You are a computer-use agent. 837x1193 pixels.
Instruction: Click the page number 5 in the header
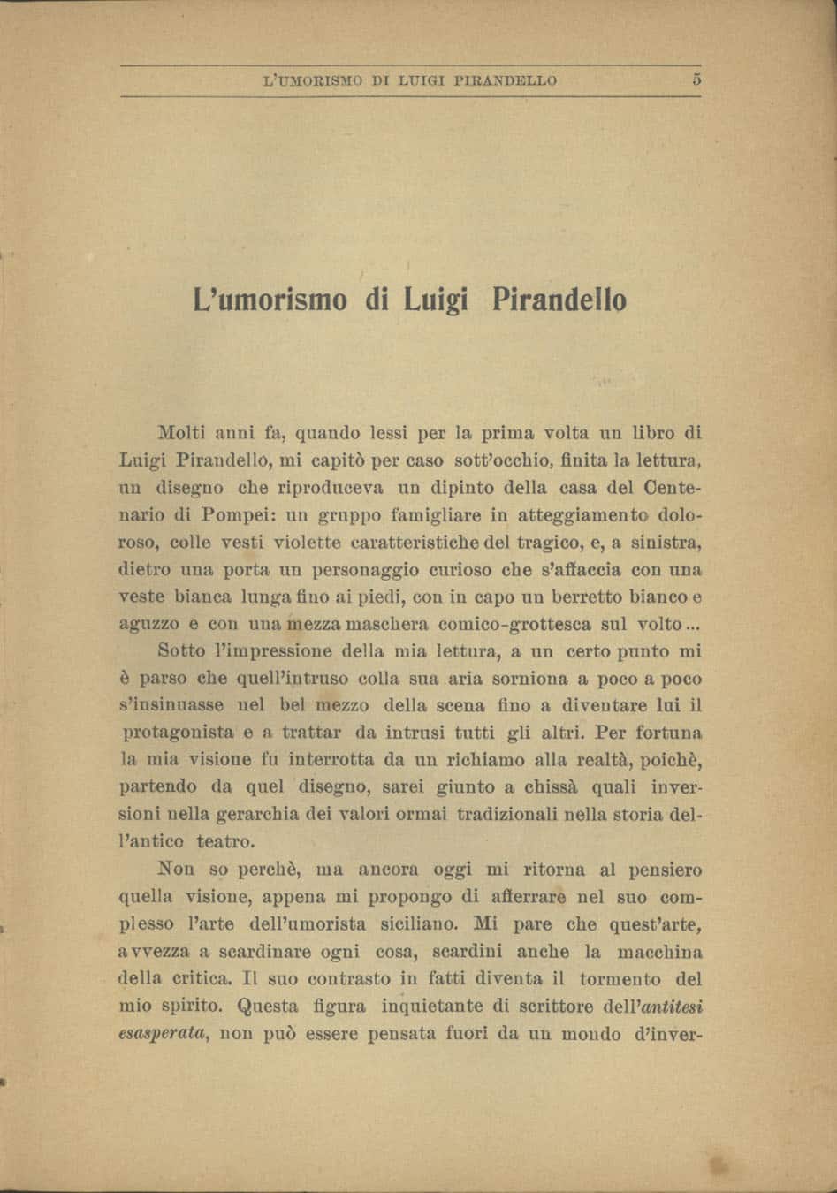point(696,80)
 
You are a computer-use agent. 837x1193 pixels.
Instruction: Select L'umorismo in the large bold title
point(270,300)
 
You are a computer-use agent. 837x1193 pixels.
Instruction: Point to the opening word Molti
point(182,433)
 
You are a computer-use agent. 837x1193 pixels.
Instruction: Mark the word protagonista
point(177,733)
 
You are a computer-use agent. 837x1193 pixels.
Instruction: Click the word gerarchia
point(259,814)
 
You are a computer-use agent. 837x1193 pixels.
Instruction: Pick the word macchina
point(660,952)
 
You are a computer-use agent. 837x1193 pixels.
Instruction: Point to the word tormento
point(620,979)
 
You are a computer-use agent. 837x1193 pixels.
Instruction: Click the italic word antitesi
point(670,1007)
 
